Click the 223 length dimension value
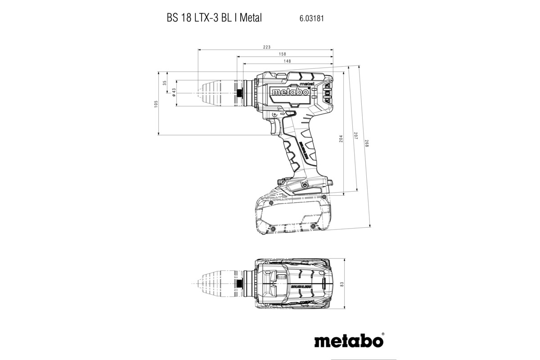point(266,47)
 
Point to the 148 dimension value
point(287,61)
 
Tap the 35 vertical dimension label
point(165,82)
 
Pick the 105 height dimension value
point(156,103)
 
